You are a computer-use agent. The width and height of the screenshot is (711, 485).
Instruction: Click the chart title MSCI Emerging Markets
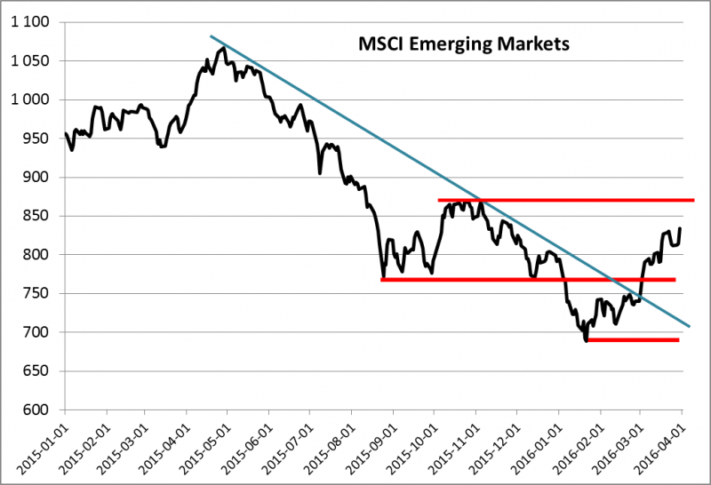click(462, 44)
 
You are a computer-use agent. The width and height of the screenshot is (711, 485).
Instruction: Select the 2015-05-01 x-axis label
click(205, 444)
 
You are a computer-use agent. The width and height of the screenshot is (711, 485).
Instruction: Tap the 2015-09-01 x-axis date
click(370, 444)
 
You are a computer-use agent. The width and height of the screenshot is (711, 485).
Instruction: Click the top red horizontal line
click(565, 200)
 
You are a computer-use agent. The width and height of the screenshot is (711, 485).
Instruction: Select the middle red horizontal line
click(528, 280)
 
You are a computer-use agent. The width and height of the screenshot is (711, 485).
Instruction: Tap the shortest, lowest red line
click(632, 339)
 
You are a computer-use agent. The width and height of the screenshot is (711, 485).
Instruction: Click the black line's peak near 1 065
click(223, 48)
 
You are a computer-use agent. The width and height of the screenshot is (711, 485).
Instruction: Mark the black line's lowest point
click(587, 340)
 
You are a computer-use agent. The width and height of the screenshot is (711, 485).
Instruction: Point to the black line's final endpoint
click(681, 228)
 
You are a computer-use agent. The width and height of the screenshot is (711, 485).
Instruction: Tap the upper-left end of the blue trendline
click(211, 36)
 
